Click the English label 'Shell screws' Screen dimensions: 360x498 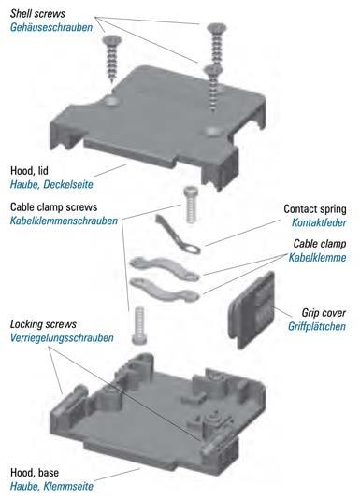coord(37,14)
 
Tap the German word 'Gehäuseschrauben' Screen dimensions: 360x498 coord(51,27)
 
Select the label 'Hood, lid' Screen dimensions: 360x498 coord(29,171)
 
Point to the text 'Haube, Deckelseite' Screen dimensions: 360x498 coord(51,184)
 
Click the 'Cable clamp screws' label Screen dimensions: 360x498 coord(53,207)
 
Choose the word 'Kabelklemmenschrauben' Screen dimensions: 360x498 coord(64,221)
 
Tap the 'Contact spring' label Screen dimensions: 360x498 coord(315,209)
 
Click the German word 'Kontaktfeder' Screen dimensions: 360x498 coord(319,222)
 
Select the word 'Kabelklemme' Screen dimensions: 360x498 coord(317,257)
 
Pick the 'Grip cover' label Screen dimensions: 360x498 coord(324,313)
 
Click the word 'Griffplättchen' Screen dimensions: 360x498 coord(317,326)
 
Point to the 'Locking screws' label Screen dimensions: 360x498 coord(43,324)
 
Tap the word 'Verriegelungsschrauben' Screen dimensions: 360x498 coord(62,338)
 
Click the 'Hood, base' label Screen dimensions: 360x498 coord(35,472)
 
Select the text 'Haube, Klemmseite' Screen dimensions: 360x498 coord(51,486)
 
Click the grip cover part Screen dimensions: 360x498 coord(252,309)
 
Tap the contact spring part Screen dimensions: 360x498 coord(177,234)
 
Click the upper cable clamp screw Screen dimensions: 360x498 coord(191,205)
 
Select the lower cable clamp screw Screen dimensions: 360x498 coord(139,325)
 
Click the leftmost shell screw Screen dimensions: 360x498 coord(111,59)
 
